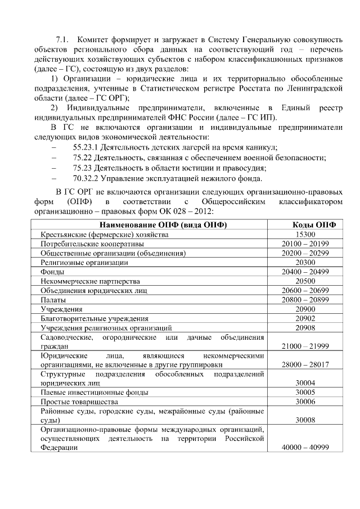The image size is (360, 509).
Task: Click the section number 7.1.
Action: click(x=62, y=40)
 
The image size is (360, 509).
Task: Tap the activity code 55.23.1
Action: click(x=86, y=146)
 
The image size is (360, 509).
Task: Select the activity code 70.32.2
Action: click(x=86, y=179)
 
